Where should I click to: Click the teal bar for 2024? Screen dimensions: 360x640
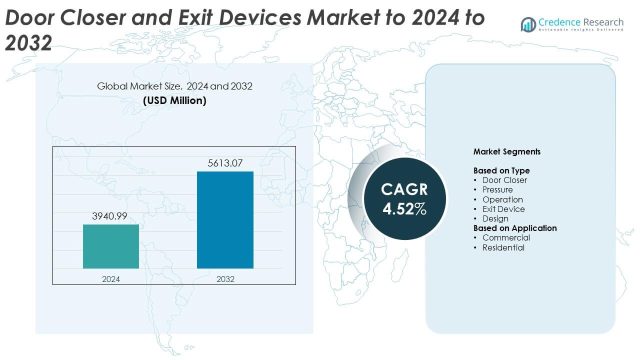(x=111, y=246)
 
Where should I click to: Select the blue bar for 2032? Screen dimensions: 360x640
(x=225, y=220)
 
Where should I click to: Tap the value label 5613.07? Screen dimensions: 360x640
(x=225, y=163)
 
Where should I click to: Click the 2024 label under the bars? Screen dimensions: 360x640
(x=111, y=279)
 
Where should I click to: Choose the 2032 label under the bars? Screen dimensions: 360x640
(x=225, y=279)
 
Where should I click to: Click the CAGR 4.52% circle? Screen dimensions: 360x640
(x=404, y=199)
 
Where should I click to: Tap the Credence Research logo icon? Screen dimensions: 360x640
(x=528, y=24)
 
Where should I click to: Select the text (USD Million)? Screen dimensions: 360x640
(x=174, y=100)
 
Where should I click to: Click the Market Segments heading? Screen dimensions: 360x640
(x=506, y=151)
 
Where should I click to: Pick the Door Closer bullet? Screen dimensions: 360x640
(x=504, y=180)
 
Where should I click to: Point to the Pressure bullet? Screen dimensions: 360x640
(x=497, y=190)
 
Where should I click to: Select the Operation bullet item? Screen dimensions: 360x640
(x=502, y=199)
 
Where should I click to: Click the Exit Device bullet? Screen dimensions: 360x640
(x=503, y=209)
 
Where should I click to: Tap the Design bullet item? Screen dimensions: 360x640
(x=495, y=218)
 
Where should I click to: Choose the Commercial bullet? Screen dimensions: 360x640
(x=505, y=237)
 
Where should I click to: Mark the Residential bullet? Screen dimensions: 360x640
(x=503, y=247)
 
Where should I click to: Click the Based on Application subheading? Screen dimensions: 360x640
(x=514, y=228)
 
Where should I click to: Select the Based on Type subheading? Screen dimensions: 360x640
(x=501, y=170)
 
